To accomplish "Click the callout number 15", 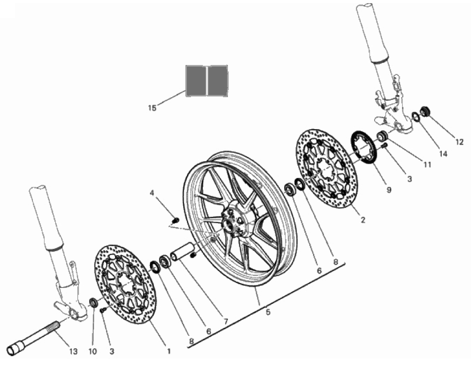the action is [152, 108].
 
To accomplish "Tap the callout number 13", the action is [73, 351].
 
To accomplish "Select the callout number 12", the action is [459, 142].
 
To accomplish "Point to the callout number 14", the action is [443, 154].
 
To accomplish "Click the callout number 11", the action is [427, 164].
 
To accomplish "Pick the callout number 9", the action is [389, 190].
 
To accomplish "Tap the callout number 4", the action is [152, 193].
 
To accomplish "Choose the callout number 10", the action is [93, 351].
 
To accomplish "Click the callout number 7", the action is [225, 321].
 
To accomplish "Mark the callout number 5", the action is [268, 312].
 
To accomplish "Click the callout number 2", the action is [363, 220].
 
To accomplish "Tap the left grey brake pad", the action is [196, 80].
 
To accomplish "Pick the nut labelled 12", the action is [425, 111].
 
